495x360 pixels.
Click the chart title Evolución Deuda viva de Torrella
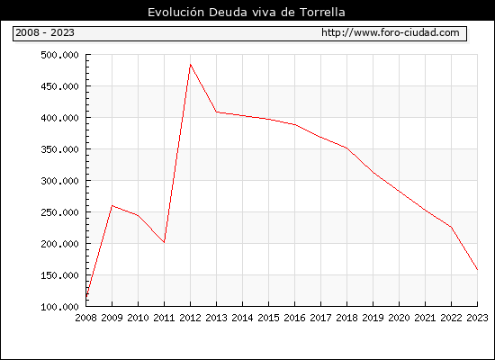247,13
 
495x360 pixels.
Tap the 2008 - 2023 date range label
45,32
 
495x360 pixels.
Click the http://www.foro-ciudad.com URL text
391,32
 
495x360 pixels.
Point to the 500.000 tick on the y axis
59,55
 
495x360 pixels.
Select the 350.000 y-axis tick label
59,149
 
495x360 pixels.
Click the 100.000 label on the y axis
59,307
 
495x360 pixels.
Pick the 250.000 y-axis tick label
59,212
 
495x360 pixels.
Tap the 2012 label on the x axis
191,318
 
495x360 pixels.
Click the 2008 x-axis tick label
85,318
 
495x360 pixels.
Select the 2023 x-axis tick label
477,318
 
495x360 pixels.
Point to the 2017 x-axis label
320,318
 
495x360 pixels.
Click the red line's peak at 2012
191,65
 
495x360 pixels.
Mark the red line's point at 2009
112,205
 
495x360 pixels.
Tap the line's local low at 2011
164,242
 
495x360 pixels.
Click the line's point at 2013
216,112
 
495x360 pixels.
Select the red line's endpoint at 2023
477,270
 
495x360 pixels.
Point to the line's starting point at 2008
86,297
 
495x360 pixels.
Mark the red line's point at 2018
346,148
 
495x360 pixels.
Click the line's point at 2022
452,227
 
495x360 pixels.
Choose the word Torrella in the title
322,13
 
